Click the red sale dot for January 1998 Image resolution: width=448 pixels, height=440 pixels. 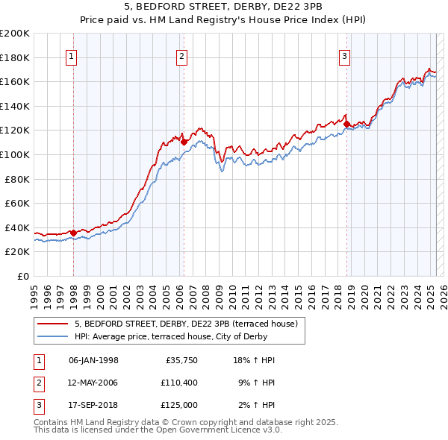73,233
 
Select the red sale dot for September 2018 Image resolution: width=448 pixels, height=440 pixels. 346,124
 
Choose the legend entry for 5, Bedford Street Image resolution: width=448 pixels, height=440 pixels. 186,324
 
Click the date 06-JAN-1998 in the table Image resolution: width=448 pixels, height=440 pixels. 93,359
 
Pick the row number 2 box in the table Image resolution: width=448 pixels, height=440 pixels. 37,383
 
